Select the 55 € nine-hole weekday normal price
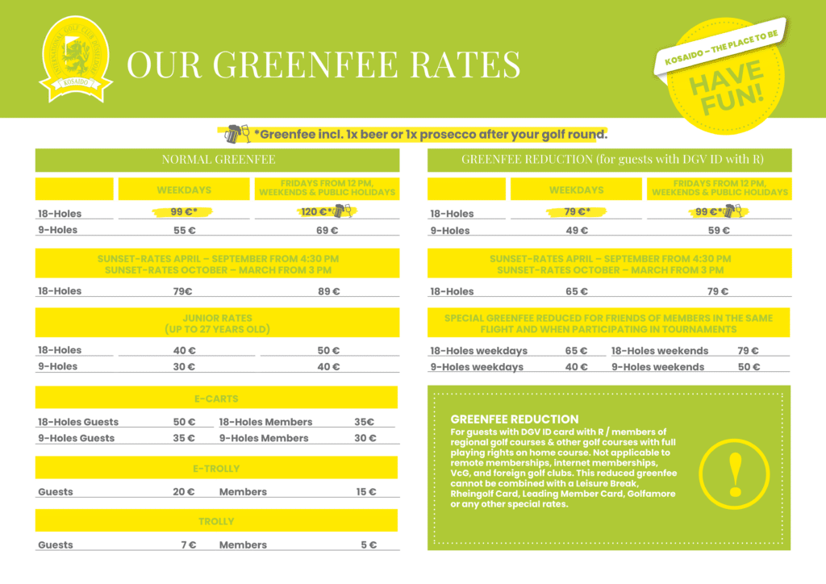185,231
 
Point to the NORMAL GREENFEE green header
217,160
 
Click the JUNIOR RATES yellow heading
217,323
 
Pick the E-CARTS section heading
216,398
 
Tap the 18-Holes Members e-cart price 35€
365,422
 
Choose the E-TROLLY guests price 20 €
184,492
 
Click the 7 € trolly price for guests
188,545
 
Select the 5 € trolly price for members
368,545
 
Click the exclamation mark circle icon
734,473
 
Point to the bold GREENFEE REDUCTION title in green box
514,419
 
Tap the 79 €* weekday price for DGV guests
577,212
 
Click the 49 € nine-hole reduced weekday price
577,231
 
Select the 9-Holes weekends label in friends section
657,368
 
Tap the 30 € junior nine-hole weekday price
185,367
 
